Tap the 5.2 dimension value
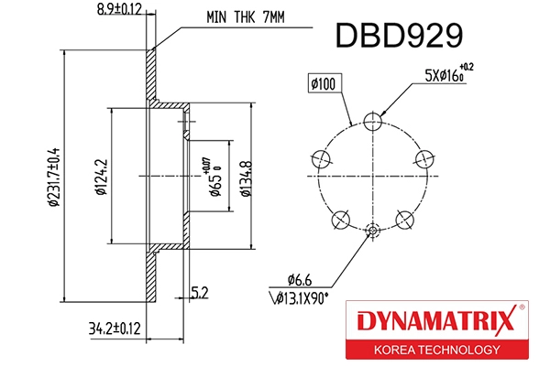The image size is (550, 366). click(x=200, y=293)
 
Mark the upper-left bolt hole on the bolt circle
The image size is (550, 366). click(x=320, y=157)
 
